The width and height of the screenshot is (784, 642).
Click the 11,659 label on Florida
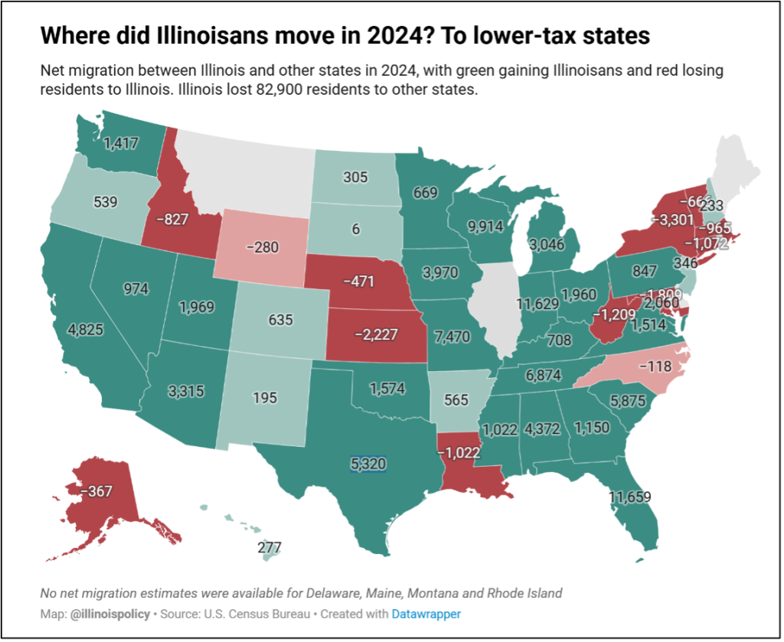pyautogui.click(x=630, y=497)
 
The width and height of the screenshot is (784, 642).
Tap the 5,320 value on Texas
pyautogui.click(x=367, y=463)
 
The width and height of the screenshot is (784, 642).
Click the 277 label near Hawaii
pyautogui.click(x=269, y=548)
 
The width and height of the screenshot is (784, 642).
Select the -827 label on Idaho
pyautogui.click(x=171, y=219)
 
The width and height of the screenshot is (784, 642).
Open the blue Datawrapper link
pyautogui.click(x=426, y=614)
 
